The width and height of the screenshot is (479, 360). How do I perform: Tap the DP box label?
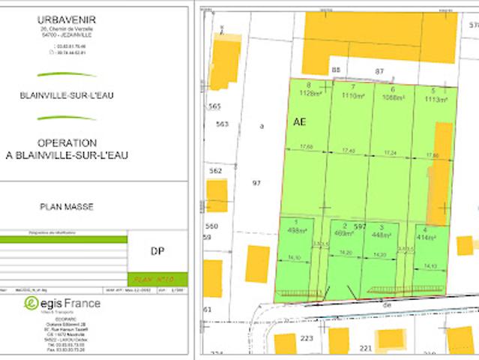pyautogui.click(x=157, y=252)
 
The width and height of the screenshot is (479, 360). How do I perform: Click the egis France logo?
pyautogui.click(x=63, y=303)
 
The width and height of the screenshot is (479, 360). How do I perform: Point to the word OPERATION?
pyautogui.click(x=67, y=142)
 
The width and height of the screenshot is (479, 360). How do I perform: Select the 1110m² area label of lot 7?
pyautogui.click(x=352, y=96)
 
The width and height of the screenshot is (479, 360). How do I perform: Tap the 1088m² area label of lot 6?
pyautogui.click(x=393, y=97)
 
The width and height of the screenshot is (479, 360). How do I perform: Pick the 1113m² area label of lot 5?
pyautogui.click(x=435, y=97)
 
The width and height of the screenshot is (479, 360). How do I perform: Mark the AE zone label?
pyautogui.click(x=300, y=121)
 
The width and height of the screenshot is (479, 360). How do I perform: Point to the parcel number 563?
pyautogui.click(x=221, y=124)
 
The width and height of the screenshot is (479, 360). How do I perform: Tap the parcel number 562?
pyautogui.click(x=216, y=171)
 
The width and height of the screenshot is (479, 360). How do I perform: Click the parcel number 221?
pyautogui.click(x=366, y=348)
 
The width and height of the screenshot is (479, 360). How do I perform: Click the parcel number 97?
pyautogui.click(x=256, y=183)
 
